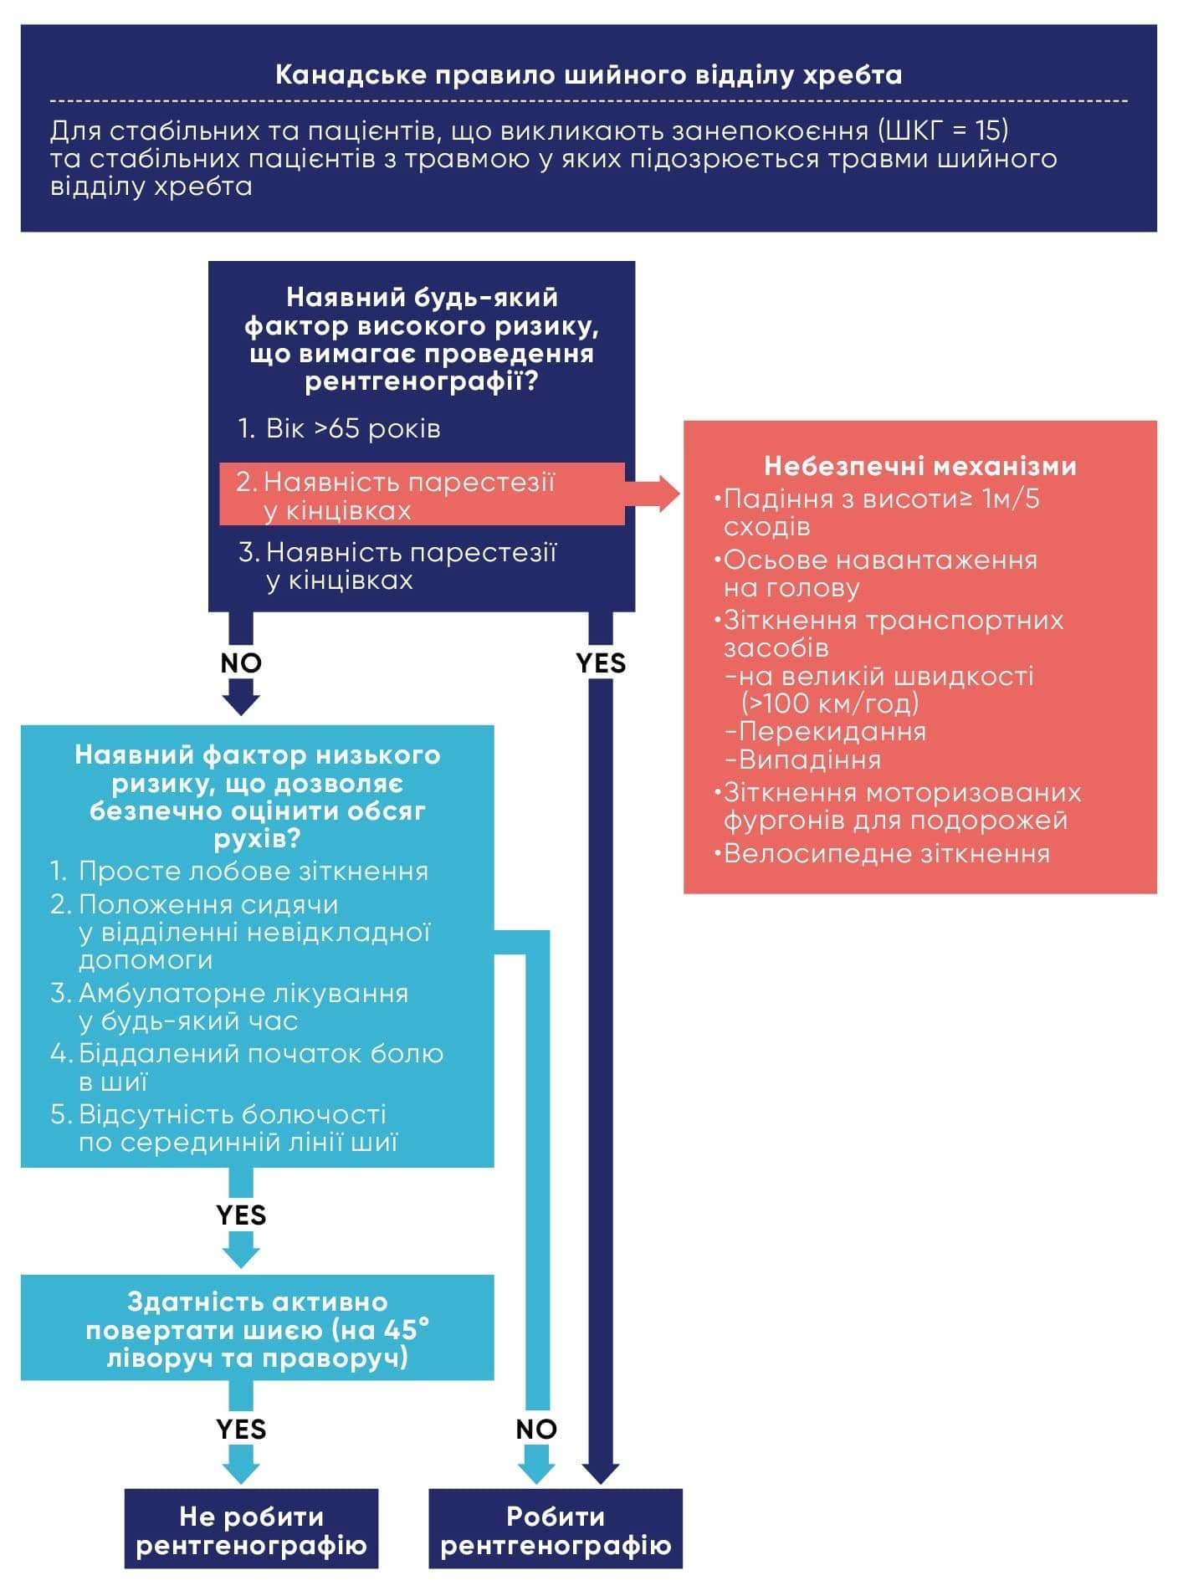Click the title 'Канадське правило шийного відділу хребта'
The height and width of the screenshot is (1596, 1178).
tap(588, 75)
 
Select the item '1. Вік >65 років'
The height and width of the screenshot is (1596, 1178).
tap(339, 429)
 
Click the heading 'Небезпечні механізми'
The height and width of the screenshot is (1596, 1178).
tap(920, 466)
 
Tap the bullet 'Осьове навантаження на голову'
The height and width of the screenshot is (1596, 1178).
tap(878, 574)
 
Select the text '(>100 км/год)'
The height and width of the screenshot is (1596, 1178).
tap(830, 703)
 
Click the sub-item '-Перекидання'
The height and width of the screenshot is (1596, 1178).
tap(826, 732)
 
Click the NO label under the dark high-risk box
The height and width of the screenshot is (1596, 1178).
tap(241, 663)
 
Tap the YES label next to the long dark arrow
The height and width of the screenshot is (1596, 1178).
tap(601, 663)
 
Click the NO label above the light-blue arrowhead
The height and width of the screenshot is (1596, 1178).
tap(536, 1430)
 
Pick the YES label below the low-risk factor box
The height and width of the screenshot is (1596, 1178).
tap(241, 1215)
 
